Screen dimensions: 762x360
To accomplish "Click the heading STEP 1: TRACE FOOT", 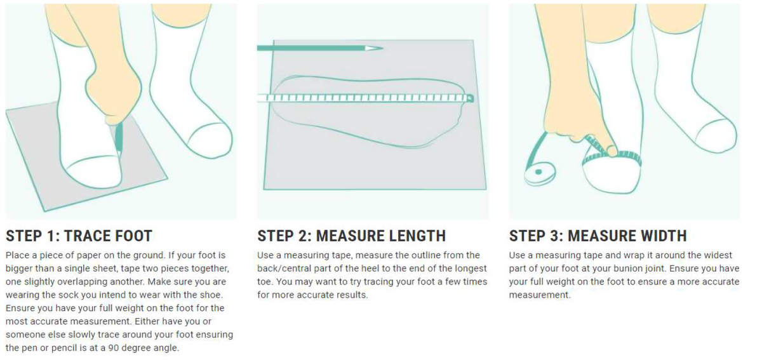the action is click(79, 236).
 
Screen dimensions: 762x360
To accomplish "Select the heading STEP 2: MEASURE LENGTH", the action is click(351, 236).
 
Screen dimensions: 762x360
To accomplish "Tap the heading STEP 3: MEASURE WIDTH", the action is click(598, 236).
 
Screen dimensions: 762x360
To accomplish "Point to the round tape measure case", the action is click(540, 173).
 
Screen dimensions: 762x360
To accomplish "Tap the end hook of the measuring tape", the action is click(470, 98).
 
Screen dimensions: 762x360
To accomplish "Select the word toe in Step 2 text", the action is click(264, 282).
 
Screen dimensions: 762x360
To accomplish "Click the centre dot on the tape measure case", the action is click(538, 172).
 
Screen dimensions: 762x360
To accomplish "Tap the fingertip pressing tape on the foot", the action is click(612, 151).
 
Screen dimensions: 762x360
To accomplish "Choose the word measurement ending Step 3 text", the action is click(539, 295).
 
